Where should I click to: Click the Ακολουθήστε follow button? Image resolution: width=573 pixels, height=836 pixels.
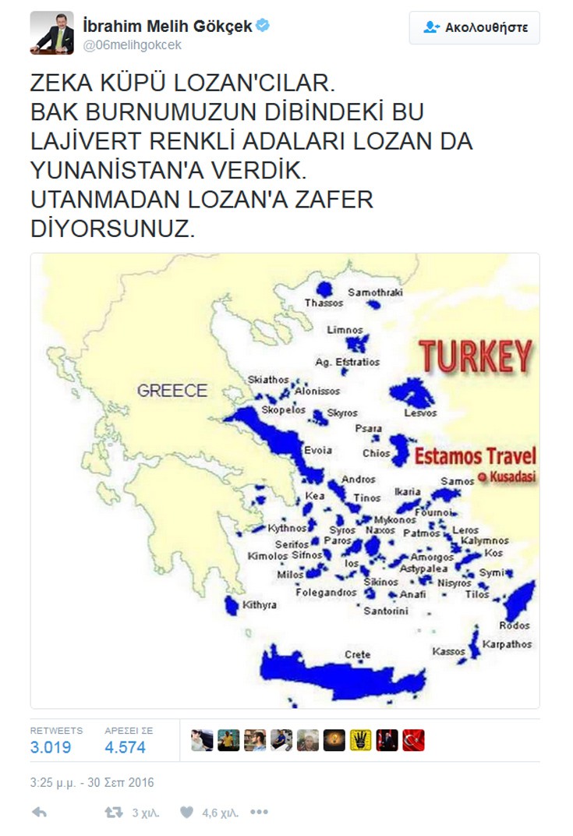tap(474, 27)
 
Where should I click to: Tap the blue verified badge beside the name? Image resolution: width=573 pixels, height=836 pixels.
tap(264, 26)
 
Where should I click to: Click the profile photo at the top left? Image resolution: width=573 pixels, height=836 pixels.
tap(51, 33)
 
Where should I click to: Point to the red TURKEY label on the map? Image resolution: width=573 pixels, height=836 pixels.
tap(476, 356)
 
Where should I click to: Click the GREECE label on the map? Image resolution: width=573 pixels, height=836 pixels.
tap(172, 391)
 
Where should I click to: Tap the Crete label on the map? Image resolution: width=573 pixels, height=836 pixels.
tap(358, 654)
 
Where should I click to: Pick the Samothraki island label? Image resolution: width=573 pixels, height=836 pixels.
tap(376, 292)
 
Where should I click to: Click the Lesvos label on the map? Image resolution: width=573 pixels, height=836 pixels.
tap(420, 413)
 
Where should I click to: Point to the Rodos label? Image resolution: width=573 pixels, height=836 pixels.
tap(515, 625)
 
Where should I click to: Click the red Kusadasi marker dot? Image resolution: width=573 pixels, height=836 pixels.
tap(482, 476)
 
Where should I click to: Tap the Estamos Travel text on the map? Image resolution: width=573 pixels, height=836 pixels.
tap(474, 456)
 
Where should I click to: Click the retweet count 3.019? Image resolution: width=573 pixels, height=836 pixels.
tap(51, 747)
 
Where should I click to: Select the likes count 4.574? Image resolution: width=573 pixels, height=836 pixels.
tap(125, 747)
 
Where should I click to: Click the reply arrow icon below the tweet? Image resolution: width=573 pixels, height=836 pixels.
tap(39, 812)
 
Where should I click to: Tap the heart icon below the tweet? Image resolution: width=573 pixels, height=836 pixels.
tap(186, 812)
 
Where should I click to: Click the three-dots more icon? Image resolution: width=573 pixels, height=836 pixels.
tap(260, 812)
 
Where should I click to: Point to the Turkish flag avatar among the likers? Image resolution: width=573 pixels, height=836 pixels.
tap(413, 740)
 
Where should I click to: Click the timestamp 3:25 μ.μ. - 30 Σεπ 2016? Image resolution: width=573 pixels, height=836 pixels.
tap(92, 781)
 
